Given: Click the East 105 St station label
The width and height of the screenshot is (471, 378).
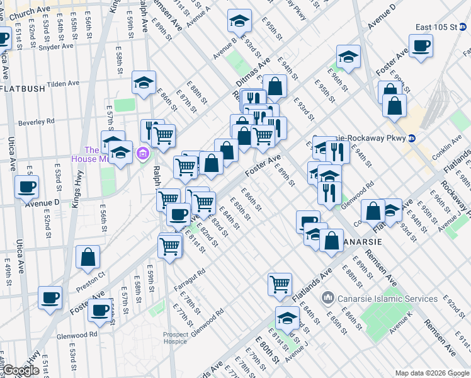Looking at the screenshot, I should pyautogui.click(x=439, y=27).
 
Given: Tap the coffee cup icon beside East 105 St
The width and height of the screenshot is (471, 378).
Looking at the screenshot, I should pyautogui.click(x=421, y=46).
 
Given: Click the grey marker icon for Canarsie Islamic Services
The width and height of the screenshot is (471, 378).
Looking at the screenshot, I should pyautogui.click(x=327, y=297).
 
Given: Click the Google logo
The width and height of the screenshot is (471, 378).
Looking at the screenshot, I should pyautogui.click(x=21, y=370).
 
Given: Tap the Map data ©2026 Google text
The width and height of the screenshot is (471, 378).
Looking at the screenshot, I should pyautogui.click(x=432, y=373).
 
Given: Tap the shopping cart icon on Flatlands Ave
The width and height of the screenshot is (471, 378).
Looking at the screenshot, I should pyautogui.click(x=280, y=284).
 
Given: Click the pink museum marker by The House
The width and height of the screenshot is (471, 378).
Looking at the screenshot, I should pyautogui.click(x=143, y=153).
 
